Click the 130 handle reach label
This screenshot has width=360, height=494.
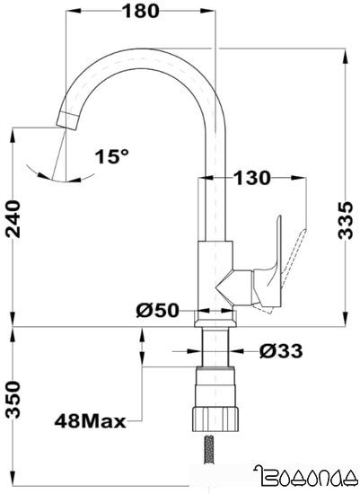tap(251, 178)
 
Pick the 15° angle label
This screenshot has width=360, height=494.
tap(111, 156)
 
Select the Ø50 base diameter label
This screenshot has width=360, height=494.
tap(160, 311)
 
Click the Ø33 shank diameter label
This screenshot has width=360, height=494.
tap(279, 351)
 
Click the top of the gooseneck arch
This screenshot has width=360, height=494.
tap(144, 45)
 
